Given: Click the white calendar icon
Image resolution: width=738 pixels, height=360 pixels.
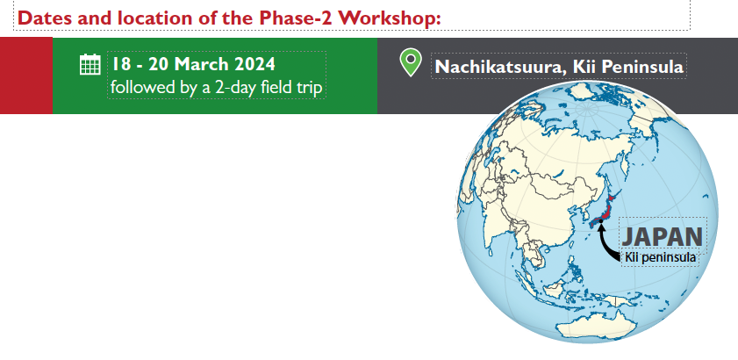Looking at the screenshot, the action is [x=90, y=64].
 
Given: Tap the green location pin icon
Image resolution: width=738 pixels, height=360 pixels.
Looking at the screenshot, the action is [x=411, y=62].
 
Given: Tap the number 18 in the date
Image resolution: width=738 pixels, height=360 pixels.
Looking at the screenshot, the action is [x=120, y=64].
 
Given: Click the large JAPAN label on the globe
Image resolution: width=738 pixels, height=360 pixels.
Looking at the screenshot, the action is [x=663, y=236].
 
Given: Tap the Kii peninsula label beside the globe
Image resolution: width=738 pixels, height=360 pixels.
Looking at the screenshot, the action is [x=660, y=258].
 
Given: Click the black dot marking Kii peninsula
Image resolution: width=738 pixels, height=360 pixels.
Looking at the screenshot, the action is [x=600, y=220].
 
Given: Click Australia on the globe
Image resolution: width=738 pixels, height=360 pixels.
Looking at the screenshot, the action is [x=596, y=325].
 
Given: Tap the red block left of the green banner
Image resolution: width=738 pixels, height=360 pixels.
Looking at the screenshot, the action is [x=26, y=76].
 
